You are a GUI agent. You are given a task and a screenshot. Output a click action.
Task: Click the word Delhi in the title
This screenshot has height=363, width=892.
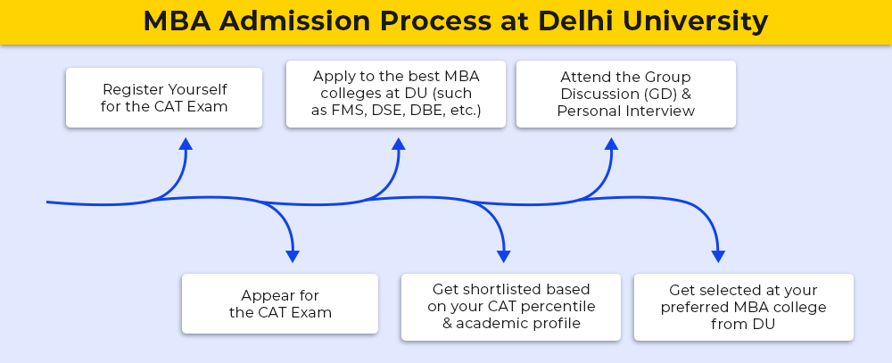(x=575, y=21)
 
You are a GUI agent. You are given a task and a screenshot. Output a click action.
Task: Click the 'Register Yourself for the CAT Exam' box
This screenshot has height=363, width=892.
(x=164, y=97)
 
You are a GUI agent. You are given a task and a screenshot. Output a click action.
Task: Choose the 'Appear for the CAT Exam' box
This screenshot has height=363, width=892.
(x=280, y=303)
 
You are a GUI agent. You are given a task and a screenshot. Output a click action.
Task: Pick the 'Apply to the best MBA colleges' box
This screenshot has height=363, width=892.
(x=396, y=94)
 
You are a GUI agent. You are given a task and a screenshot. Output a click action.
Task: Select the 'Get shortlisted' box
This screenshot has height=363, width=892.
(x=511, y=307)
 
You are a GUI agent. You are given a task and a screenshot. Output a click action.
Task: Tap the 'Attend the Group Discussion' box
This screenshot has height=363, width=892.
(x=626, y=94)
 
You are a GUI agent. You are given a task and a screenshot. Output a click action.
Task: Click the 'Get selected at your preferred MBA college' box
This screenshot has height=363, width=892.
(x=744, y=307)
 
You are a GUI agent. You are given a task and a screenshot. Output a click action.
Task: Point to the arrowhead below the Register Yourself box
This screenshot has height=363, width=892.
(x=186, y=144)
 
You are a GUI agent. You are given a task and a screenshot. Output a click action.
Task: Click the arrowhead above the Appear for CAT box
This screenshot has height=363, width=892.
(x=293, y=256)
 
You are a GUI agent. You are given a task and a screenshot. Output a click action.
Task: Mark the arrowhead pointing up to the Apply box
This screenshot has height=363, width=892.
(x=398, y=144)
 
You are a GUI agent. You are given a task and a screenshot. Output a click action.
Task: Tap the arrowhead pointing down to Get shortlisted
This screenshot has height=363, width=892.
(x=503, y=256)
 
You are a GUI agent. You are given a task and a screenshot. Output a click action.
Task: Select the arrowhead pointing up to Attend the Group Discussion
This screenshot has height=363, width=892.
(x=611, y=144)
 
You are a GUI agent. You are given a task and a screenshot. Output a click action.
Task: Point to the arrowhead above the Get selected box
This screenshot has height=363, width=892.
(x=718, y=256)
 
